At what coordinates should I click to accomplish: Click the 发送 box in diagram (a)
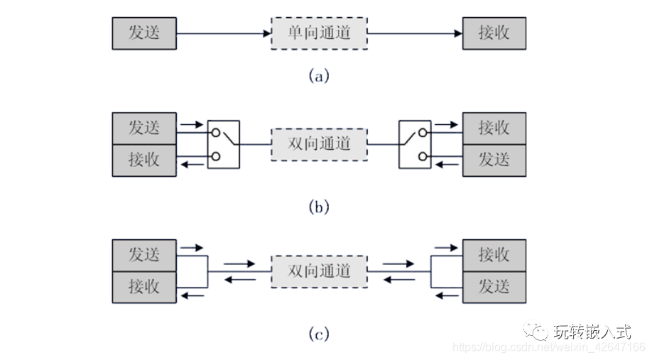[x=143, y=33]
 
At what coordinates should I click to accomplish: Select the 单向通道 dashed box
[x=319, y=33]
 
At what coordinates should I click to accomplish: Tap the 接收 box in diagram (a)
[x=494, y=33]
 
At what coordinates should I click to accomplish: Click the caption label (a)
[x=319, y=75]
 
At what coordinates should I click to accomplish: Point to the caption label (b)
[x=319, y=207]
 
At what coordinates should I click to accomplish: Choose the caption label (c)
[x=319, y=333]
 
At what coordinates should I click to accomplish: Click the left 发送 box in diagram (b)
[x=143, y=128]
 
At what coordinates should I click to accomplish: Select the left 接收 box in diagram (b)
[x=143, y=160]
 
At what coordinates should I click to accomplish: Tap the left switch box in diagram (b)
[x=224, y=144]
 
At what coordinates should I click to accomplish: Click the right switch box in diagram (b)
[x=415, y=144]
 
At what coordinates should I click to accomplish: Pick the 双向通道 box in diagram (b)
[x=319, y=144]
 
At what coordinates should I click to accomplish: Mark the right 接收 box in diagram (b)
[x=494, y=128]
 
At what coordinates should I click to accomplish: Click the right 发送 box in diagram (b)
[x=494, y=160]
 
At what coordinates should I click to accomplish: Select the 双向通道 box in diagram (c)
[x=319, y=271]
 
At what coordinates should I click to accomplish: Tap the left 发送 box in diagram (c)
[x=143, y=255]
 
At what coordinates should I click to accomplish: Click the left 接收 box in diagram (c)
[x=143, y=287]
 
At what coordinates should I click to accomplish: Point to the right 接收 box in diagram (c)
[x=494, y=255]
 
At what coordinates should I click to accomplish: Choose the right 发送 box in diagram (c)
[x=494, y=287]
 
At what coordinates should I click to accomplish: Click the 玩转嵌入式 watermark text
[x=592, y=331]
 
